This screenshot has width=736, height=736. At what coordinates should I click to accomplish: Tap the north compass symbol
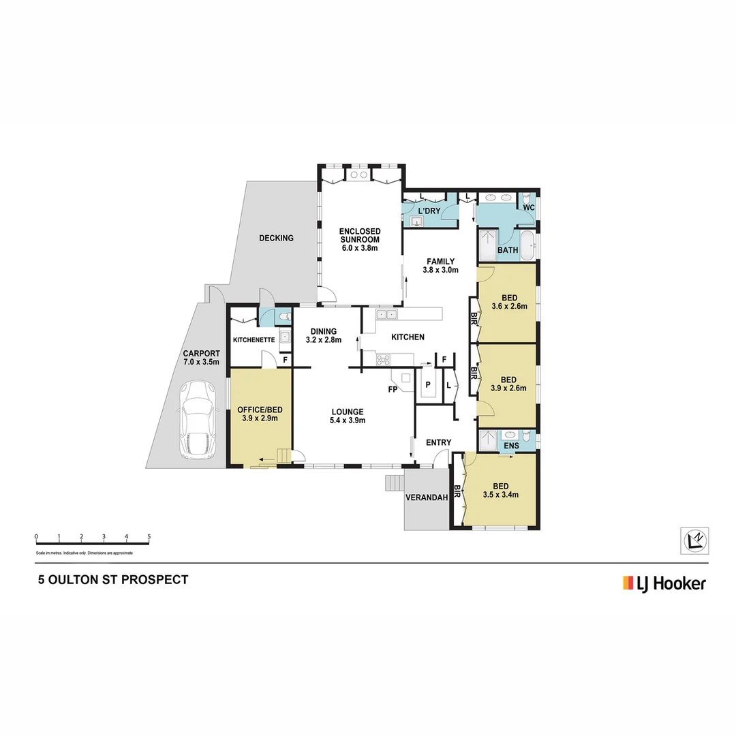pos(695,540)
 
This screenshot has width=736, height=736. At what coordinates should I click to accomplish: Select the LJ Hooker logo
pos(664,583)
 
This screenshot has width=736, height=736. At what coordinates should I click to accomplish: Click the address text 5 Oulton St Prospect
pos(112,580)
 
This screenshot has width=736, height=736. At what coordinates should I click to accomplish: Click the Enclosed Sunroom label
pos(360,240)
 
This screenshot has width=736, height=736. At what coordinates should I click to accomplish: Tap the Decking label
pos(276,238)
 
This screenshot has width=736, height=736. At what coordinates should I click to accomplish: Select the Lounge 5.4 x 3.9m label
pos(348,416)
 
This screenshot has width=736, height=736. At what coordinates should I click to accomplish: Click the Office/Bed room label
pos(260,414)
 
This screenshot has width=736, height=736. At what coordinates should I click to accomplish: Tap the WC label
pos(528,206)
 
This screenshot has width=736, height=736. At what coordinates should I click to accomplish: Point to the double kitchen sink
pos(386,315)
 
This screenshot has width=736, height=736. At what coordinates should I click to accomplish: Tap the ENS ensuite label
pos(511,446)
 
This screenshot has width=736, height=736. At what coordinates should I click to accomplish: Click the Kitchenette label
pos(254,339)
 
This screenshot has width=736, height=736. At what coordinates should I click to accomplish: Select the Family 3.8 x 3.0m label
pos(441,265)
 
